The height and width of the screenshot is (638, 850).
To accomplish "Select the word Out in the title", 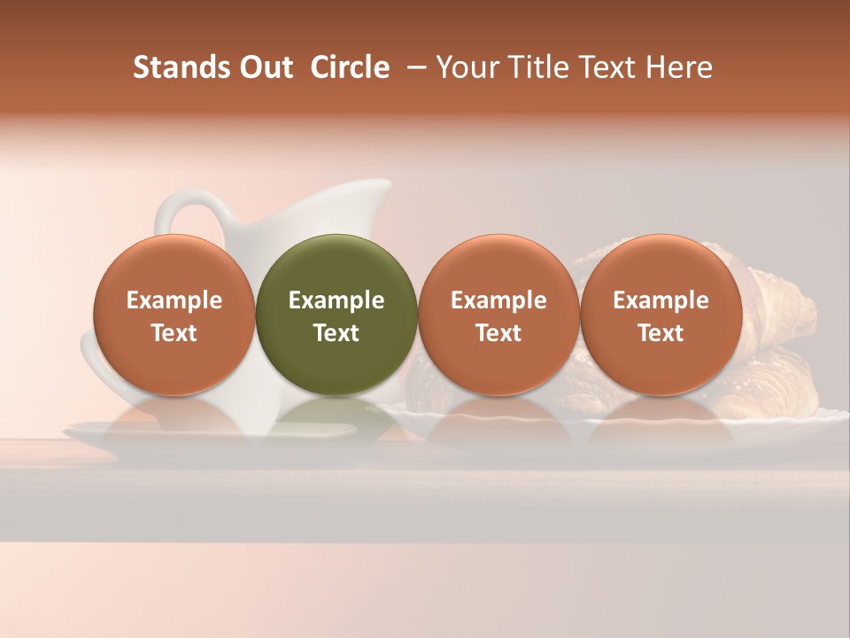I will click(265, 67).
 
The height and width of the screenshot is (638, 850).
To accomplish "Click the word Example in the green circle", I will click(336, 300).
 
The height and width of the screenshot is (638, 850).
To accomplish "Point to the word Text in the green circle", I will click(336, 333).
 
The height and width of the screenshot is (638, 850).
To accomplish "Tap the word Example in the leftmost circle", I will click(174, 300).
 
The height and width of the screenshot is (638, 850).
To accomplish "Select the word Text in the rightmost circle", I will click(661, 333).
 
